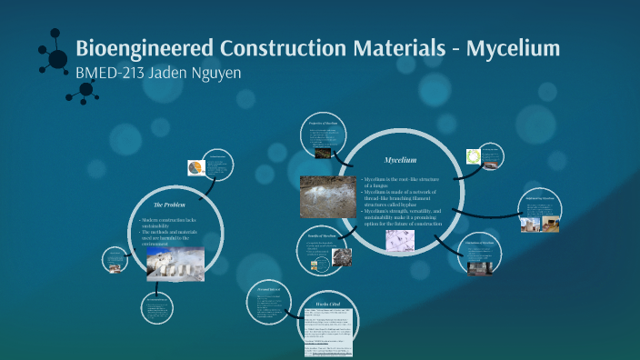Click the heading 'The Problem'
tap(169, 205)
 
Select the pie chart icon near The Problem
tap(195, 167)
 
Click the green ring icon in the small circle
tap(473, 155)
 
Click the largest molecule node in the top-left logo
tap(57, 59)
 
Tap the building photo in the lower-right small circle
tap(479, 266)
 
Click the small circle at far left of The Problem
tap(115, 259)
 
